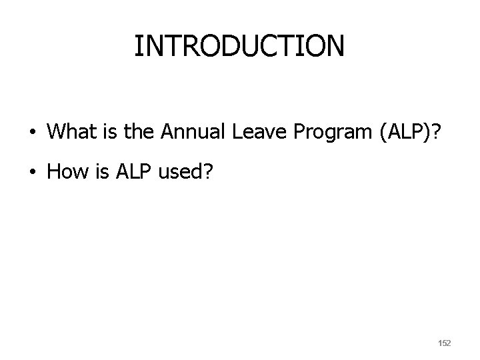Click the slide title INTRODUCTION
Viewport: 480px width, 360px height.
pyautogui.click(x=239, y=46)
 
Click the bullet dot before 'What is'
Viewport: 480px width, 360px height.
pyautogui.click(x=33, y=133)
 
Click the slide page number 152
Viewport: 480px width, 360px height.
pyautogui.click(x=443, y=343)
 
